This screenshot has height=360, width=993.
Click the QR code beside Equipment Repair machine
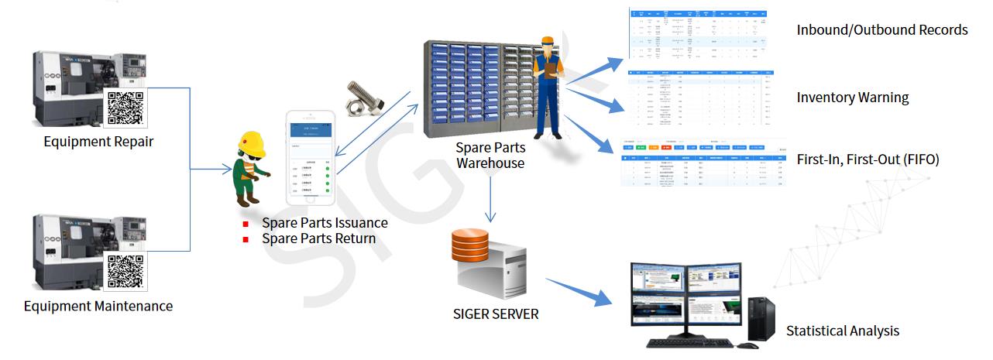click(125, 107)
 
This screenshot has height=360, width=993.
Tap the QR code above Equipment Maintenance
click(125, 271)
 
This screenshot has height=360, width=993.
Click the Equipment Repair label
click(98, 142)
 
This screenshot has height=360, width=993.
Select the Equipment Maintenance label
click(98, 306)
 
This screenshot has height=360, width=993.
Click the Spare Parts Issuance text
click(325, 223)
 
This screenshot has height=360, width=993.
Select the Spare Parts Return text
click(318, 238)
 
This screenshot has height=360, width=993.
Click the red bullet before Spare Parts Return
click(246, 239)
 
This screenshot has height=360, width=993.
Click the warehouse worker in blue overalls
click(551, 85)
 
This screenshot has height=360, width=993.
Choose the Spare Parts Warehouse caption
click(490, 156)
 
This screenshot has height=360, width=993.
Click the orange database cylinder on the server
click(470, 245)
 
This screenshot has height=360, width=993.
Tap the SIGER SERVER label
click(496, 314)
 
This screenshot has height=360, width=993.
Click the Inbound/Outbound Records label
click(882, 30)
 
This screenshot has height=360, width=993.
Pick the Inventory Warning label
click(853, 98)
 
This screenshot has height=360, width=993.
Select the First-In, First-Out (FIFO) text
click(868, 159)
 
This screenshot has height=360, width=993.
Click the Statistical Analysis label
click(843, 331)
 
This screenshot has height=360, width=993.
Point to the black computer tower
click(759, 319)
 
